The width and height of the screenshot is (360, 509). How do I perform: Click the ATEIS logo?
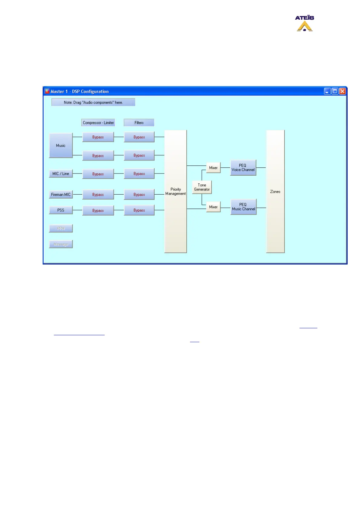coord(304,23)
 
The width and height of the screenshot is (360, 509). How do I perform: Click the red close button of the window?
coord(342,91)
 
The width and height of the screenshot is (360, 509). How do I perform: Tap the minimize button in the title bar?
coord(327,91)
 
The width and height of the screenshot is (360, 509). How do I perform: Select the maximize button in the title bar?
coord(335,91)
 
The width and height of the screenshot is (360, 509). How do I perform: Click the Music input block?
coord(61,145)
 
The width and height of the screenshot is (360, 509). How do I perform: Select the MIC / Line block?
coord(61,173)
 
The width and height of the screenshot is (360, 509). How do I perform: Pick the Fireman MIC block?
coord(61,194)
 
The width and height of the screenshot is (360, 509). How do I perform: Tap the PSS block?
coord(61,210)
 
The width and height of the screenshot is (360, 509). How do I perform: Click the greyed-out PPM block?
coord(61,229)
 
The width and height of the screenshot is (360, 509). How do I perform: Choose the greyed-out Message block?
coord(61,244)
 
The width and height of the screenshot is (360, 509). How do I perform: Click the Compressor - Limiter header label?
coord(98,123)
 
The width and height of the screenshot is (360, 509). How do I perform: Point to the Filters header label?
coord(139,123)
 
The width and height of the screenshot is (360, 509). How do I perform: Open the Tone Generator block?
coord(202,187)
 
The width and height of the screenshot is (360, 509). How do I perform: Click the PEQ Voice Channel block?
coord(243,167)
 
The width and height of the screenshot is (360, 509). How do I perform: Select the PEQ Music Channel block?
coord(244,207)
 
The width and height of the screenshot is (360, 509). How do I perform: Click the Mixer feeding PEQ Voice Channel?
coord(213,168)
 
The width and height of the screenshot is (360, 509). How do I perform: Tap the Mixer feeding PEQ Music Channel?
coord(213,207)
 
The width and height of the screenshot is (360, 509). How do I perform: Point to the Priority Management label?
coord(175,191)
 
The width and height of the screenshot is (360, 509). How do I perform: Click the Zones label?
coord(275,192)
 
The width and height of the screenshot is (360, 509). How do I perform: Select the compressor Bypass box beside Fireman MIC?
coord(98,195)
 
